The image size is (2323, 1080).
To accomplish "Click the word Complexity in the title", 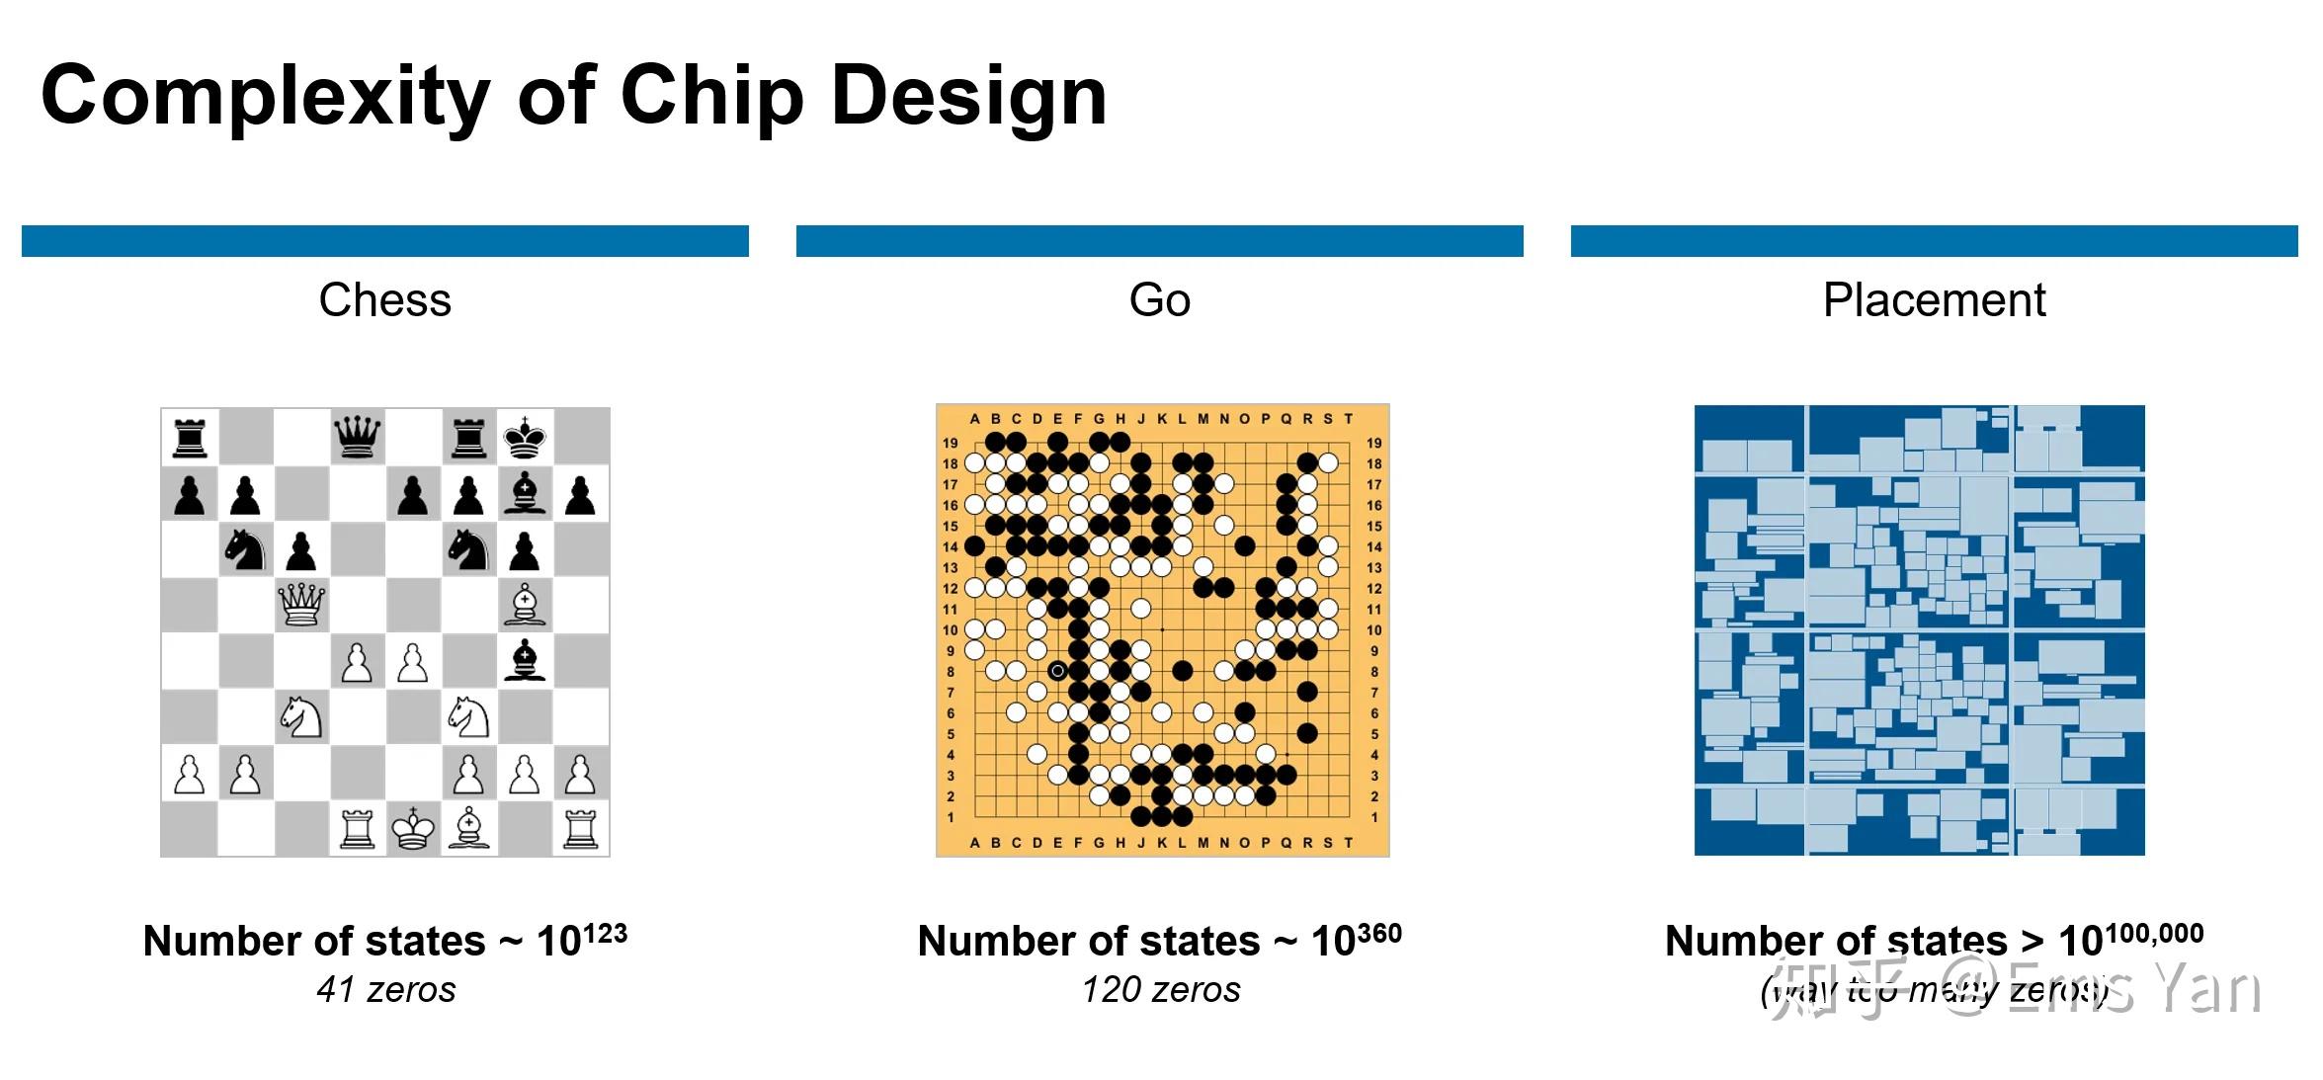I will (265, 97).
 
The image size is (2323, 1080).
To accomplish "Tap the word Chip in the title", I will (711, 97).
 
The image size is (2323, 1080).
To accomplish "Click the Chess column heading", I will (384, 300).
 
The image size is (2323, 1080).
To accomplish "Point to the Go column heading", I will (1159, 300).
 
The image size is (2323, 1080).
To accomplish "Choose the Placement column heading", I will (1934, 300).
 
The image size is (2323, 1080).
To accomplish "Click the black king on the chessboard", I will (524, 436).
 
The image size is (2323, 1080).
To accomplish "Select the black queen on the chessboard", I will (357, 436).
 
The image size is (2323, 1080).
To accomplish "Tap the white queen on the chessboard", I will (301, 604).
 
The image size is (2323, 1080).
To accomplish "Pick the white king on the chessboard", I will (413, 828).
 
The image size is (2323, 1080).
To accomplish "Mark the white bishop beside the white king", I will (468, 828).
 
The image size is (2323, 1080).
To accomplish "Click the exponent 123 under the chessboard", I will (598, 934).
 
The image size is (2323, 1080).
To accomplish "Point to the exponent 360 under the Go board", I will (1372, 934).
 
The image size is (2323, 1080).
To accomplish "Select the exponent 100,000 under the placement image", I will (2154, 934).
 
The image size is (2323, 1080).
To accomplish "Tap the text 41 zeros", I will (386, 990).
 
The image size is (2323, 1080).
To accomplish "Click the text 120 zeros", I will (1161, 990).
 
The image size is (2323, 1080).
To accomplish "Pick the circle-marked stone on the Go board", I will (1057, 671).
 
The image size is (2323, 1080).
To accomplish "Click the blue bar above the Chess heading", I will (384, 241).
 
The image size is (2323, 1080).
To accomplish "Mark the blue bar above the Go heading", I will (1159, 241).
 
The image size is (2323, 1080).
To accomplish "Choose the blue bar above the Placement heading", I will (1934, 241).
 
